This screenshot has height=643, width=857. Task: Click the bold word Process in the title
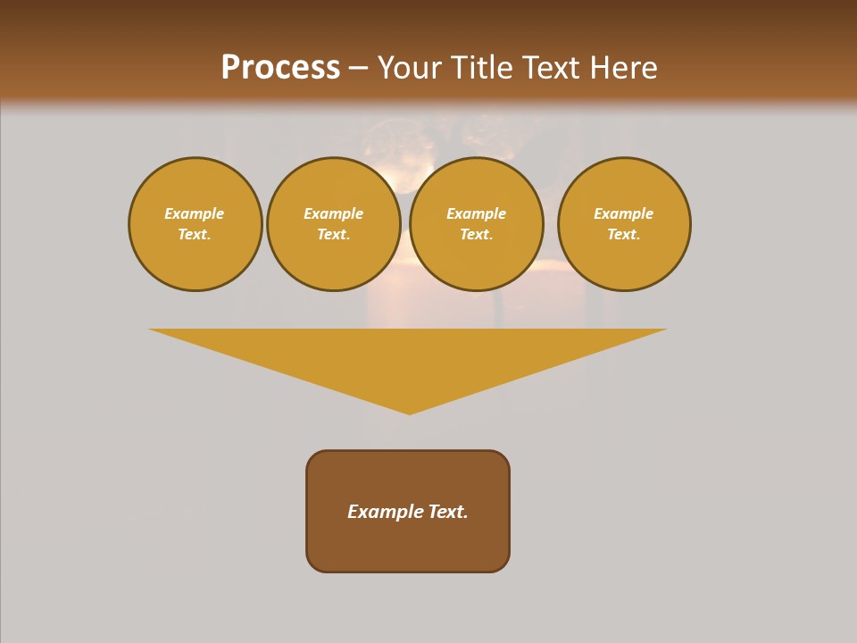280,68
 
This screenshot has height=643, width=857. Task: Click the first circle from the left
195,224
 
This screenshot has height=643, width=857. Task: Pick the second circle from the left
334,224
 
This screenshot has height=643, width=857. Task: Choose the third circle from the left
477,224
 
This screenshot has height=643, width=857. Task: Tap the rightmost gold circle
624,224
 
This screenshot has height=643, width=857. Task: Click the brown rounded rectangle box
408,511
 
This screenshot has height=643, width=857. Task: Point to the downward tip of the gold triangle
409,413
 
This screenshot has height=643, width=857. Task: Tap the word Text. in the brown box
448,512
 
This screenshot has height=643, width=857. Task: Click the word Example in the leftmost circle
195,213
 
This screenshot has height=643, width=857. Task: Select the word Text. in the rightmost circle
624,234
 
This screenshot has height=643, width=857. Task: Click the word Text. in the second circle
334,234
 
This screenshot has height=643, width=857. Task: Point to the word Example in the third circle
477,213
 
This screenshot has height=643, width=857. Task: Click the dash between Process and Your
358,69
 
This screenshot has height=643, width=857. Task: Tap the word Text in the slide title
550,68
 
